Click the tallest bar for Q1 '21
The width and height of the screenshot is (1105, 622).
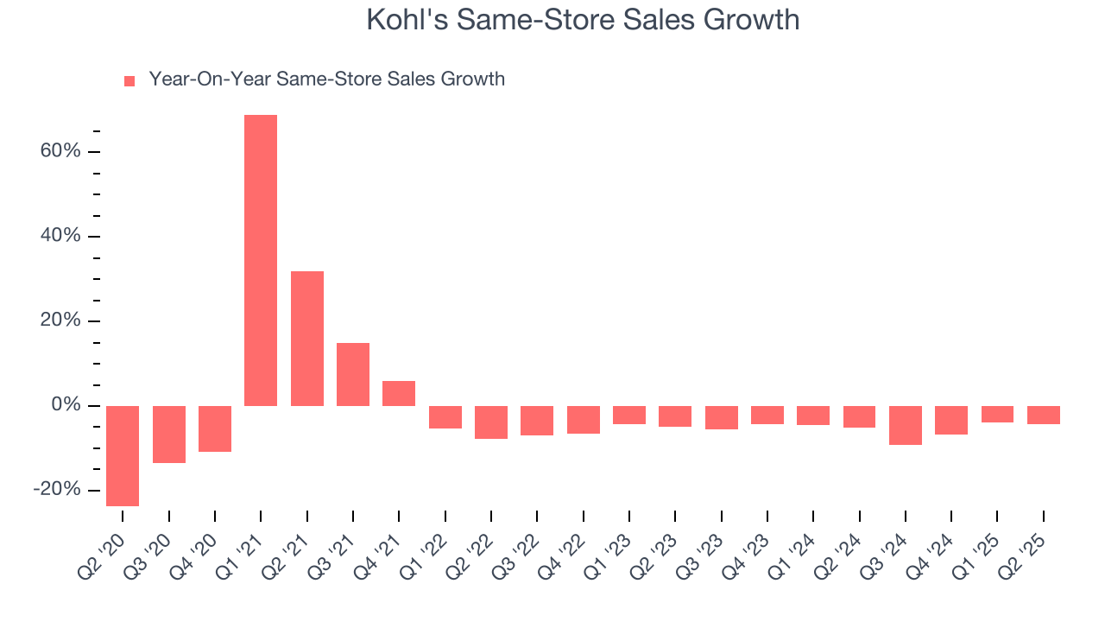point(261,260)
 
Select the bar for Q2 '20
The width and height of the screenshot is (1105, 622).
point(123,455)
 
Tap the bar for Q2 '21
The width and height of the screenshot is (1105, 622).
point(307,339)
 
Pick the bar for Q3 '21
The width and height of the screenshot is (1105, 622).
point(353,374)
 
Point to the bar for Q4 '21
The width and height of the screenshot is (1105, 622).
point(399,393)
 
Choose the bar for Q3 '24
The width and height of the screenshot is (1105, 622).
point(906,425)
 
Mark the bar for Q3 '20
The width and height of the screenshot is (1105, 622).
point(169,435)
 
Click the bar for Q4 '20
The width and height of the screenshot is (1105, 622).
point(215,428)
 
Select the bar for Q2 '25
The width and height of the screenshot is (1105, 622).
point(1044,415)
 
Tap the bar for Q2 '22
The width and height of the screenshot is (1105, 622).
point(491,422)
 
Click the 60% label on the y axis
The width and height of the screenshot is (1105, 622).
point(60,152)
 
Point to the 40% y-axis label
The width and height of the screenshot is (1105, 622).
point(60,237)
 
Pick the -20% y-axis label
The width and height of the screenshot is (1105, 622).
point(57,490)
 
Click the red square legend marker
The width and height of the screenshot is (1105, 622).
point(129,81)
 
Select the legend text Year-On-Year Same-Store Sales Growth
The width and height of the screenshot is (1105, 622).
point(326,79)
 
